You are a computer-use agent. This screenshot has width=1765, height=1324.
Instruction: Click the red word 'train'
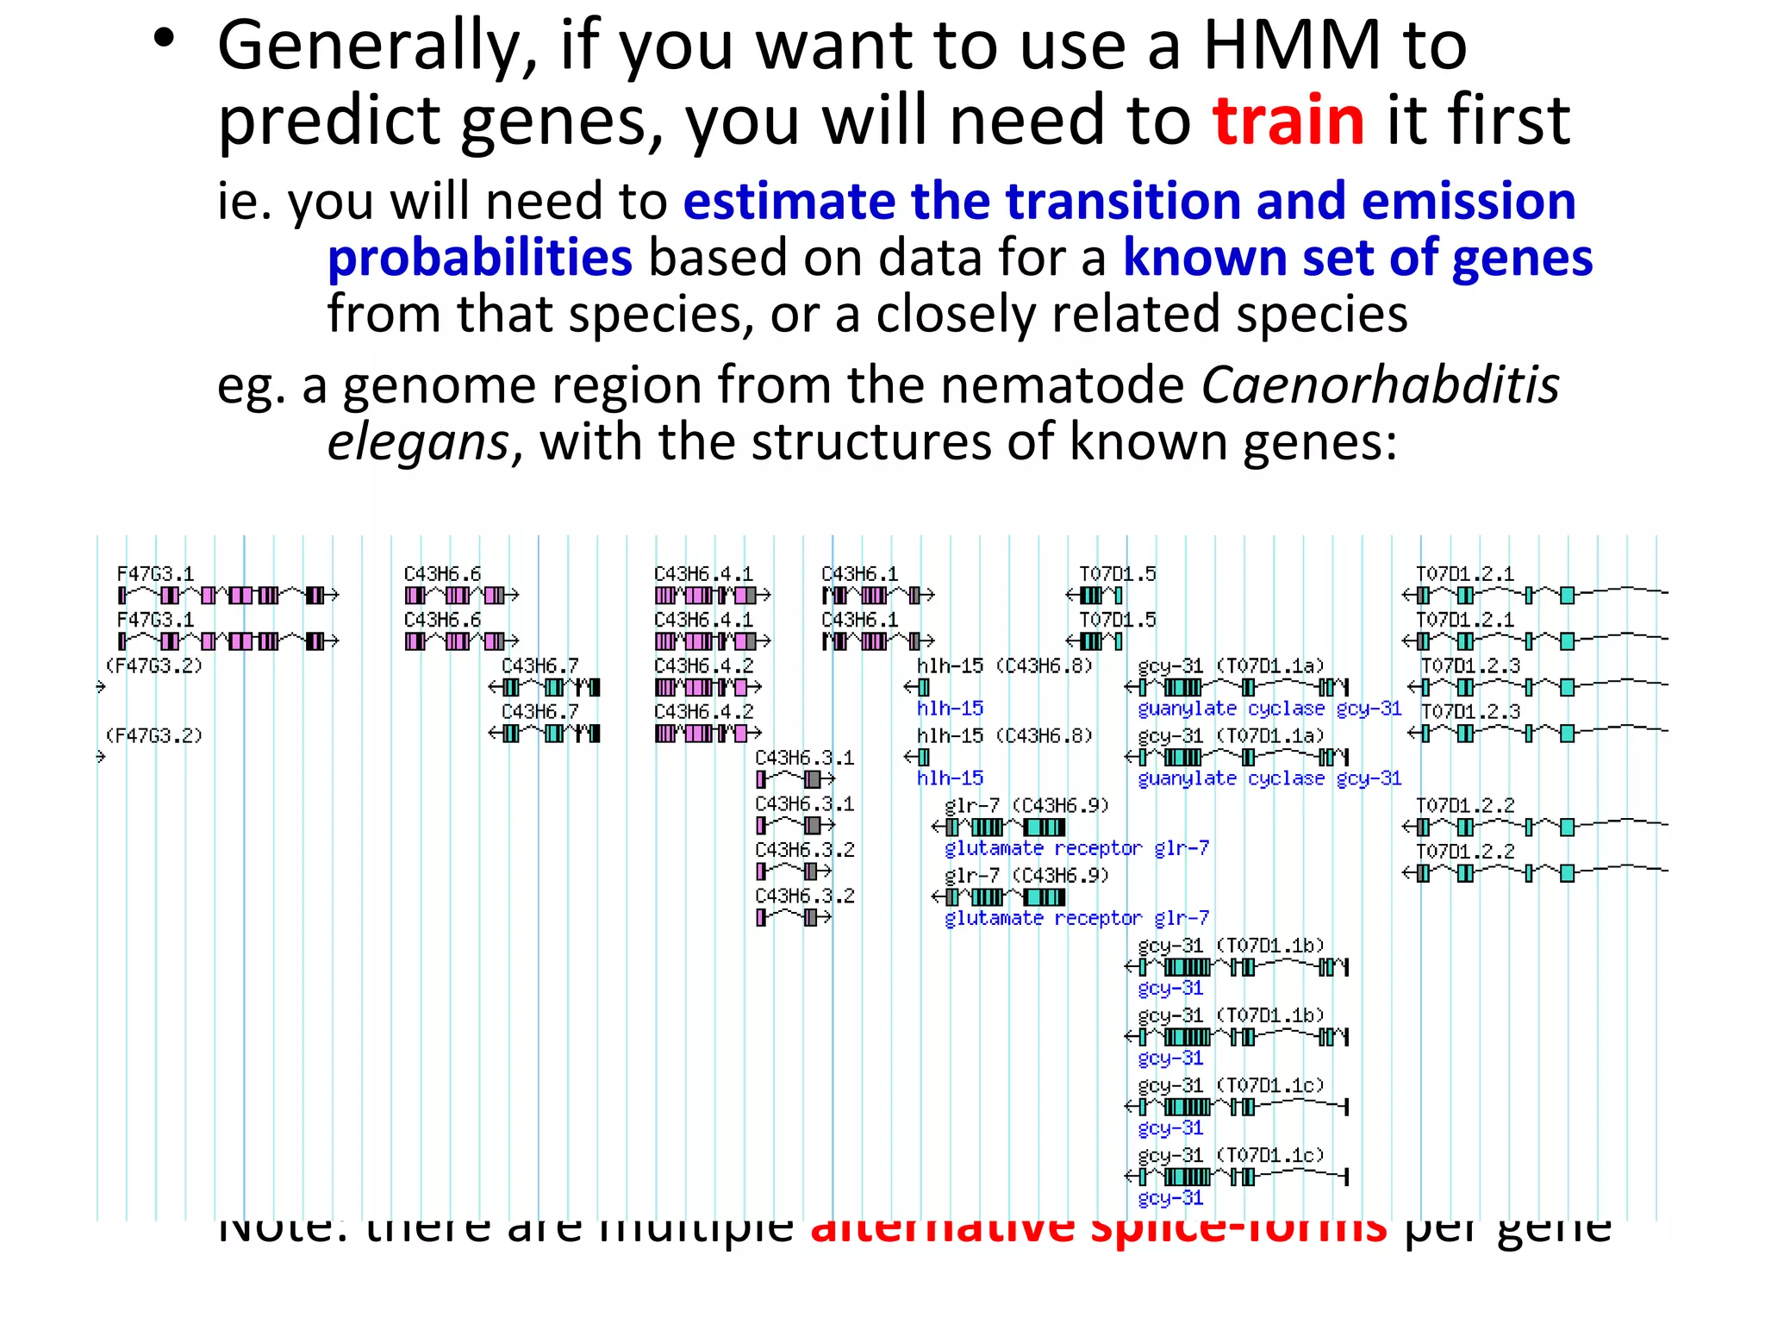click(1288, 121)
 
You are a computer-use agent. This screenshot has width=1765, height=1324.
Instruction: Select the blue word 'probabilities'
click(480, 258)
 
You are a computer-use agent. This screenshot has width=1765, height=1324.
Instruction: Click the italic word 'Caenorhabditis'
click(1380, 384)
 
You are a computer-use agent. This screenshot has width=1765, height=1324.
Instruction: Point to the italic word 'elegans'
click(419, 442)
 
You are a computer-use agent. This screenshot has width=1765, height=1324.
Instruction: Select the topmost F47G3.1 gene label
click(156, 574)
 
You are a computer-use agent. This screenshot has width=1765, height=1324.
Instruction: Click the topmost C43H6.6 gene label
click(442, 574)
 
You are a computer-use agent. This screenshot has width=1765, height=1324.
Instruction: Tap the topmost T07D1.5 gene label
click(1117, 574)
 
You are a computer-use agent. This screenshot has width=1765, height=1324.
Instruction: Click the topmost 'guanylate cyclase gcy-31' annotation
click(1269, 709)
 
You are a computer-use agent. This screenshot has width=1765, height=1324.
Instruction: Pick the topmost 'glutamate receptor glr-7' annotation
click(1076, 848)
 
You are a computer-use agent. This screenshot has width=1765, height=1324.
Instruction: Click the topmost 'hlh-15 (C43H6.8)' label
click(1004, 665)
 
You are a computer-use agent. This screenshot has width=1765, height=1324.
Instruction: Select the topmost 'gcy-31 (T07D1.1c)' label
click(1230, 1084)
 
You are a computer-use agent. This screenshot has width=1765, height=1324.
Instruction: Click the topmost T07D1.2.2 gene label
click(1464, 805)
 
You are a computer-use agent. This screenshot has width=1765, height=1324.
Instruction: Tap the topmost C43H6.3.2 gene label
click(804, 850)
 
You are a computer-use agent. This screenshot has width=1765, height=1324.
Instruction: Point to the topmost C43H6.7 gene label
click(539, 665)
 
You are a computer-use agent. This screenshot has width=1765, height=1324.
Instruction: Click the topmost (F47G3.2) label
click(153, 665)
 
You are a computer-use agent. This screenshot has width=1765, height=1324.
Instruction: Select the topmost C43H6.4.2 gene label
click(703, 665)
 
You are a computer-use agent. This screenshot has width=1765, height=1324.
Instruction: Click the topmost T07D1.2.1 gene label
click(1464, 574)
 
